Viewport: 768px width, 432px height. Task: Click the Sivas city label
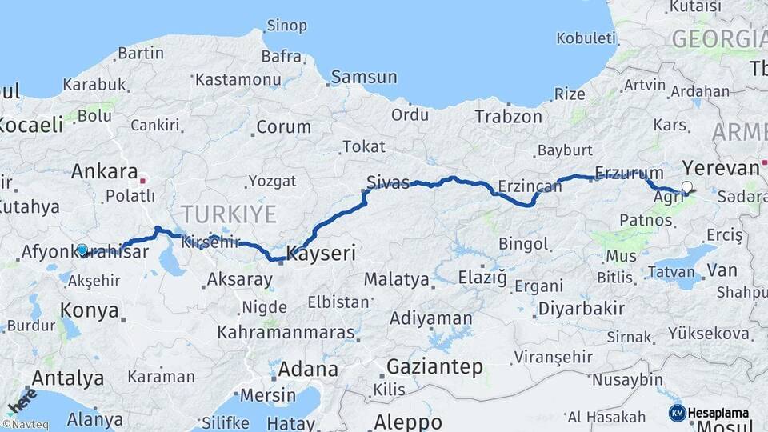pyautogui.click(x=387, y=180)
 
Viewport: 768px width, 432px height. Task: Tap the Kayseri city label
pyautogui.click(x=320, y=254)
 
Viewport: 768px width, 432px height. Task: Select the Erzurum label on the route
pyautogui.click(x=630, y=173)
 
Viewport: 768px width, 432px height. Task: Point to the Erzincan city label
pyautogui.click(x=529, y=186)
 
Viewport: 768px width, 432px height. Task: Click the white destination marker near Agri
pyautogui.click(x=686, y=187)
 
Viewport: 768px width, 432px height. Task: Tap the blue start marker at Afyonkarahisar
pyautogui.click(x=82, y=250)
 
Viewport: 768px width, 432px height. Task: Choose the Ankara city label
pyautogui.click(x=104, y=170)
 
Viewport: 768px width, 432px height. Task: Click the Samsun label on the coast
pyautogui.click(x=364, y=77)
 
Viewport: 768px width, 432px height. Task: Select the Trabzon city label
pyautogui.click(x=508, y=116)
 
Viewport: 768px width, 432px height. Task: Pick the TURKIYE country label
pyautogui.click(x=228, y=214)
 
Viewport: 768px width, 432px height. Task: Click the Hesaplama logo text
pyautogui.click(x=718, y=413)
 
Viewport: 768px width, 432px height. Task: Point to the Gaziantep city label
pyautogui.click(x=434, y=366)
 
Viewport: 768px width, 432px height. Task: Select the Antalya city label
pyautogui.click(x=67, y=378)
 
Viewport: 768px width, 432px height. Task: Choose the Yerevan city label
pyautogui.click(x=721, y=168)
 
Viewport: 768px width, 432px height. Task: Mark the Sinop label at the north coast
pyautogui.click(x=286, y=26)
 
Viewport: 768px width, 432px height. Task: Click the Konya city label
pyautogui.click(x=90, y=310)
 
